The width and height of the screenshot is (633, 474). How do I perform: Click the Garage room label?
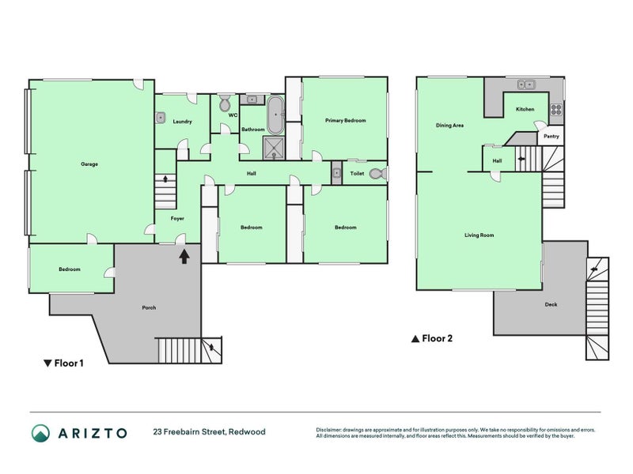click(x=89, y=164)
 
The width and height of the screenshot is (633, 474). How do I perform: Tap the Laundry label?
click(x=183, y=122)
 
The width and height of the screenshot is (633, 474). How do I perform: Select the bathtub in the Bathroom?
click(x=275, y=115)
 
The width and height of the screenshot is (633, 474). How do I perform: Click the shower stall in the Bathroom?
click(x=274, y=146)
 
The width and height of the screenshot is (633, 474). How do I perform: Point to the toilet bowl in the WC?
click(x=225, y=103)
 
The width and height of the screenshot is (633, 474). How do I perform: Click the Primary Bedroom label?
click(x=346, y=120)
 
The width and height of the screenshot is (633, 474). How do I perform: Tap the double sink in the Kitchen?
click(x=525, y=85)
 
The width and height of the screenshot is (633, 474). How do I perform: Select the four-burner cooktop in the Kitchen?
click(x=556, y=110)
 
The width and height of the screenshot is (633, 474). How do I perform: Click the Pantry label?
click(x=551, y=137)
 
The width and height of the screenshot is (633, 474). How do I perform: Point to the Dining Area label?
click(x=449, y=125)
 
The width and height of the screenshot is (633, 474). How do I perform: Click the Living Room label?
click(x=479, y=235)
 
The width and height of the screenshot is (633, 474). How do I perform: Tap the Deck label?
click(x=551, y=304)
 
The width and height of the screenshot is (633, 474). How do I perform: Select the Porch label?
click(x=149, y=307)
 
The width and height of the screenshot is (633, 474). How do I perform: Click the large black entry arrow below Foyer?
click(x=184, y=256)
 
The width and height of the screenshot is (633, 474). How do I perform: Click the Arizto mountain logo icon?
click(x=40, y=433)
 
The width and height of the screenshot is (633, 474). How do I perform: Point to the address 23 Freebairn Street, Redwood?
click(x=209, y=432)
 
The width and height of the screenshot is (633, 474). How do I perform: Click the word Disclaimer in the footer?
click(x=331, y=430)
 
